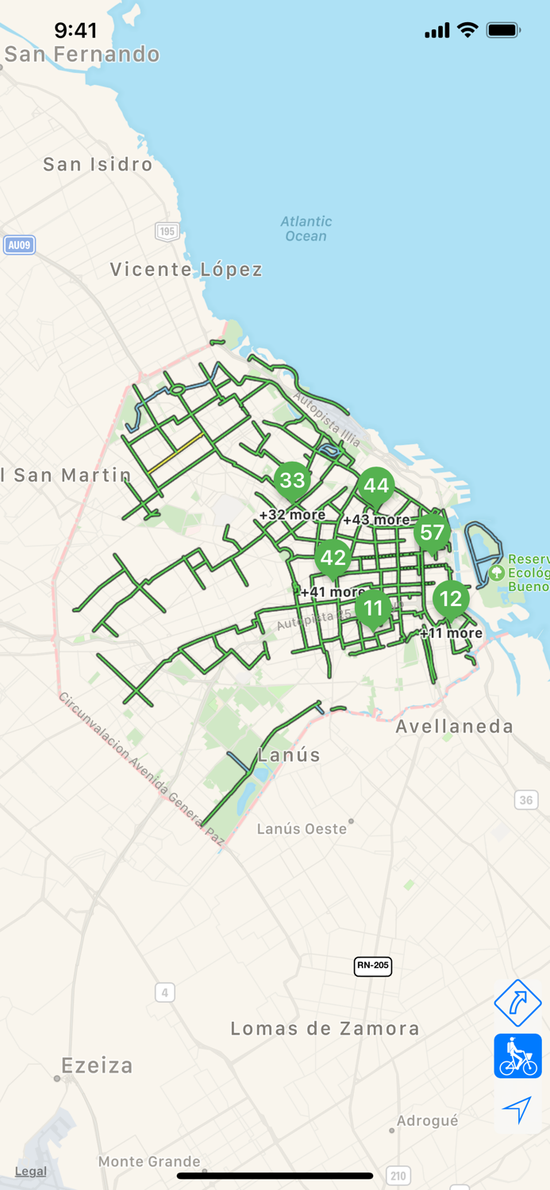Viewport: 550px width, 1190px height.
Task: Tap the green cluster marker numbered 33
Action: pos(293,480)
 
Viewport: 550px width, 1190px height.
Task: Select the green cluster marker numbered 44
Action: pos(376,486)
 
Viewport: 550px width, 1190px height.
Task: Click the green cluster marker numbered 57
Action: pos(432,532)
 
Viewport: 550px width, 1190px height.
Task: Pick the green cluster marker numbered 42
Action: pos(333,557)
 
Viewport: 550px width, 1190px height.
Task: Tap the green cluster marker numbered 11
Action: pos(373,608)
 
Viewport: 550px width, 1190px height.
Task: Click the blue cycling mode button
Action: pos(517,1056)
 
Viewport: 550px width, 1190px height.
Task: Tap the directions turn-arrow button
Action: pos(517,1003)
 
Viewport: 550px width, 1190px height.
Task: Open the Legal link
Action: pos(31,1171)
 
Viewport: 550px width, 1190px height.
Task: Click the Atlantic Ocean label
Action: pos(306,228)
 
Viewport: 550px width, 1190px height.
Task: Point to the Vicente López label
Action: pos(187,270)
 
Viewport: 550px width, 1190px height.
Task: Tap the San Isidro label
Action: pos(98,164)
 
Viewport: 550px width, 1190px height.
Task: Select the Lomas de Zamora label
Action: pos(325,1029)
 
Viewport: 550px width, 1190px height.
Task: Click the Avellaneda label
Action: pos(455,726)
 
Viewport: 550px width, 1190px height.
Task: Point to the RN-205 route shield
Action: pos(373,965)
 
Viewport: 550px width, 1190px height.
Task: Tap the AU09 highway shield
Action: pos(19,245)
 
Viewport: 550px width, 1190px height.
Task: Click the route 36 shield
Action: pos(526,800)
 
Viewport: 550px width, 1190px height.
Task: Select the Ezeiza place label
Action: pos(98,1065)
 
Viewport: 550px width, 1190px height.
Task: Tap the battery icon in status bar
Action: pos(503,30)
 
